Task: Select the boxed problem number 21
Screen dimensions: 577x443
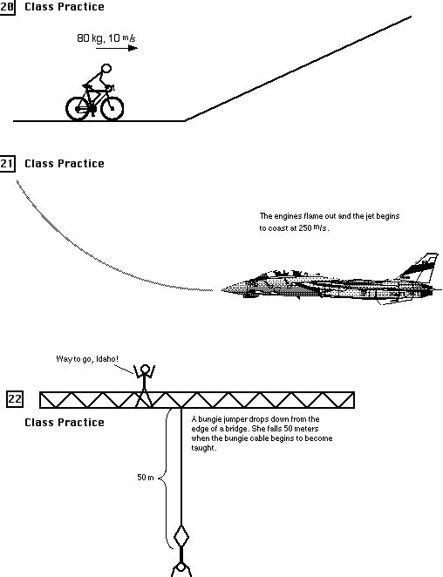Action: click(8, 163)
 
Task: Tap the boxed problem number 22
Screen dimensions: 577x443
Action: click(15, 400)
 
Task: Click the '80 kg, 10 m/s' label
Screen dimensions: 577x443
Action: click(99, 38)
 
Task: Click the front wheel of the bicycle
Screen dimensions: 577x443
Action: click(111, 106)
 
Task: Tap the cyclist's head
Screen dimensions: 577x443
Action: click(106, 69)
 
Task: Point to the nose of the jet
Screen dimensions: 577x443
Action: click(222, 287)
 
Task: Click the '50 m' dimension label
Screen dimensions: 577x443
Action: click(146, 477)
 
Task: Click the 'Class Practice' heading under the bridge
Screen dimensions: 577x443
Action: click(64, 423)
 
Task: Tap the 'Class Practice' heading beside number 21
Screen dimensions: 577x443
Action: click(64, 163)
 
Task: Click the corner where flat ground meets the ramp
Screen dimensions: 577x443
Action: click(184, 120)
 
